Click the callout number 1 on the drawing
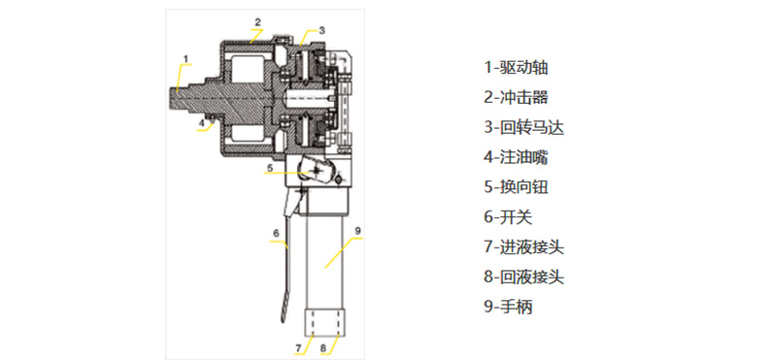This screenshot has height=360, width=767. pyautogui.click(x=185, y=58)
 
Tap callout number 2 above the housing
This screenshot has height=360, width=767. pyautogui.click(x=258, y=21)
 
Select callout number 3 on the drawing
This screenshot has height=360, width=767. pyautogui.click(x=321, y=30)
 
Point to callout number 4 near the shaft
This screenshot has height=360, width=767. pyautogui.click(x=201, y=123)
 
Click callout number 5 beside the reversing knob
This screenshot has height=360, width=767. pyautogui.click(x=269, y=168)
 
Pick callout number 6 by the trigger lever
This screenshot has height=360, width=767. pyautogui.click(x=276, y=233)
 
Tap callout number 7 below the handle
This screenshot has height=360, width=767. pyautogui.click(x=298, y=348)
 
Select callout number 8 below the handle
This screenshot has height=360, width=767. pyautogui.click(x=323, y=348)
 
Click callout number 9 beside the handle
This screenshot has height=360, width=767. pyautogui.click(x=357, y=229)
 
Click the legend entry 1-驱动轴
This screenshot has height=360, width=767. pyautogui.click(x=516, y=67)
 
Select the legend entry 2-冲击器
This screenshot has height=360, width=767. pyautogui.click(x=516, y=97)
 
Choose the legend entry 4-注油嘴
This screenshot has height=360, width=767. pyautogui.click(x=516, y=157)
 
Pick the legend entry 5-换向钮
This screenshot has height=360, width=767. pyautogui.click(x=516, y=187)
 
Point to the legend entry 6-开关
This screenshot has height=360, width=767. pyautogui.click(x=508, y=217)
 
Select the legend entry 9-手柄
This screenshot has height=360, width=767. pyautogui.click(x=508, y=308)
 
